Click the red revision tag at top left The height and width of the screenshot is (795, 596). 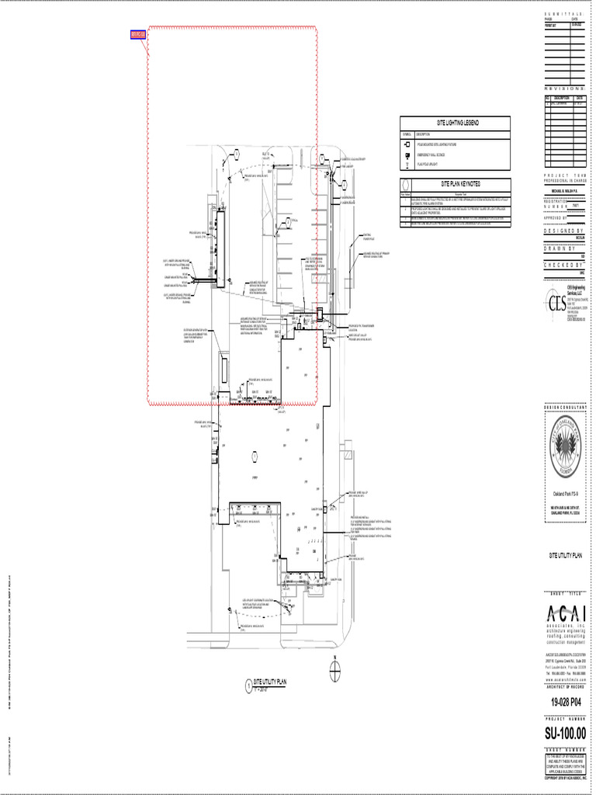(137, 34)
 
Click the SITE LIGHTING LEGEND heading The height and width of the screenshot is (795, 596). (455, 123)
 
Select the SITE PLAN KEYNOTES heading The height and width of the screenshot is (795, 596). (455, 184)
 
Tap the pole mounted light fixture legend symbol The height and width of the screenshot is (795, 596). (407, 145)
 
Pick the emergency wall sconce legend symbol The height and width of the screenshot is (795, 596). (407, 155)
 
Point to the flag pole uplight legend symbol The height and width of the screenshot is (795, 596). (407, 165)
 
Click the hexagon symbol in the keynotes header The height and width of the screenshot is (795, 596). (404, 194)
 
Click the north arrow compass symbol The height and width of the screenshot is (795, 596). (333, 666)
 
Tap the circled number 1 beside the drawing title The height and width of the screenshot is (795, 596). (248, 686)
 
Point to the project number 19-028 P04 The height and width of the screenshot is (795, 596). (564, 702)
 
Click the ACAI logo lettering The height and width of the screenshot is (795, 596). (564, 611)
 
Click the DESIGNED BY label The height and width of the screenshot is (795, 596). (564, 232)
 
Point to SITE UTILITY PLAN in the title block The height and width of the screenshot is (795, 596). (564, 555)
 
